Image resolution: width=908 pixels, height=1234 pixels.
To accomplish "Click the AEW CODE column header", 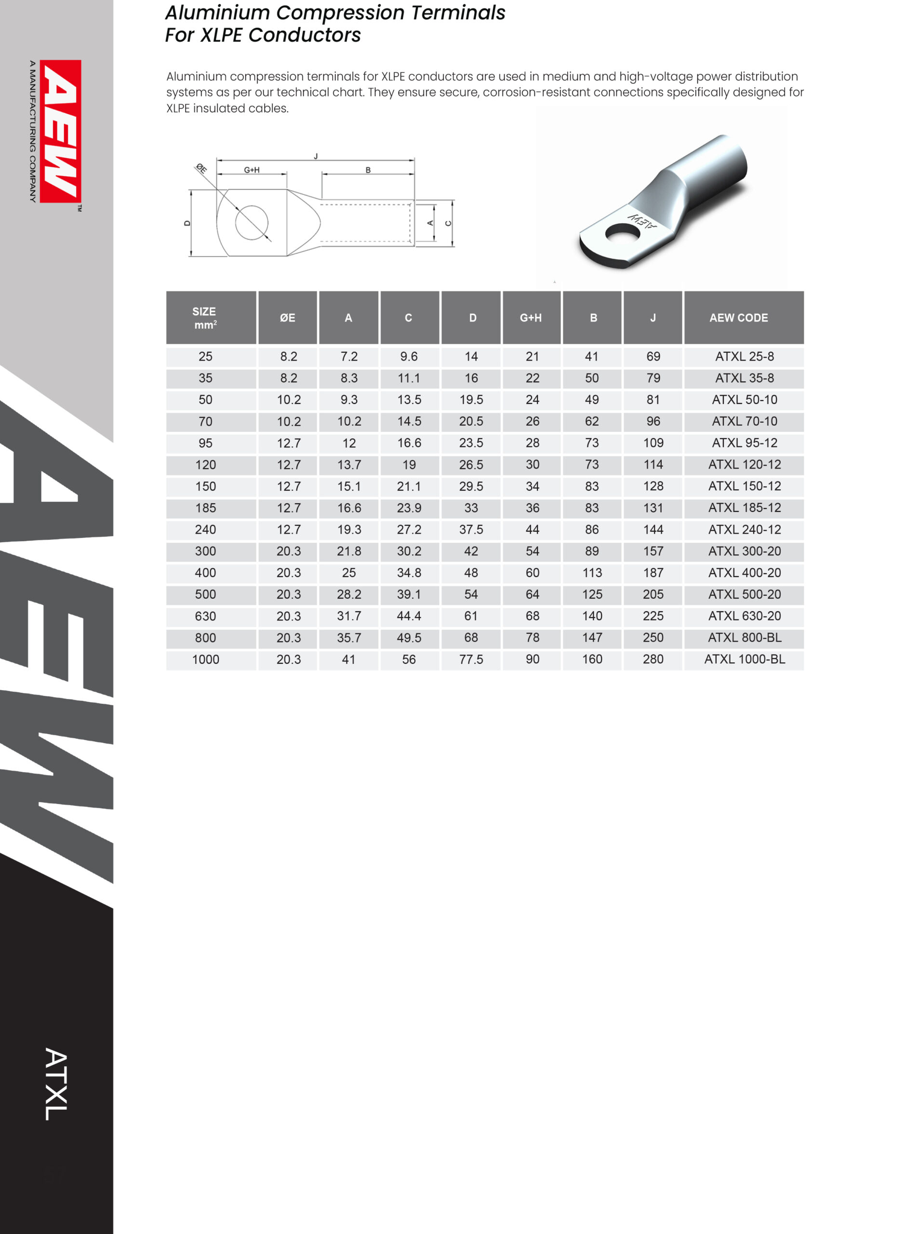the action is (738, 318).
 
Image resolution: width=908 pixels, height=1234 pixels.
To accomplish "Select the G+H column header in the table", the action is (531, 318).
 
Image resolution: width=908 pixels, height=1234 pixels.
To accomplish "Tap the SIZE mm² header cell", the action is (204, 318).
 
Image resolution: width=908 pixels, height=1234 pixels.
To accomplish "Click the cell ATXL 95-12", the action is (744, 443).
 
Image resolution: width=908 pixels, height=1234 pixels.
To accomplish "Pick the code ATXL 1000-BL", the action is (744, 659).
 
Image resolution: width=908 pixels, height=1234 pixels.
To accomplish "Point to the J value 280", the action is (653, 659).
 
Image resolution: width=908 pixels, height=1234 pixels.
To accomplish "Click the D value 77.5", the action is (471, 659).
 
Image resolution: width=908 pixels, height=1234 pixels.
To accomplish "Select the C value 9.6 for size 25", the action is (408, 356).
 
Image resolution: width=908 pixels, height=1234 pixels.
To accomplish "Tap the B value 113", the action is (592, 573).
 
